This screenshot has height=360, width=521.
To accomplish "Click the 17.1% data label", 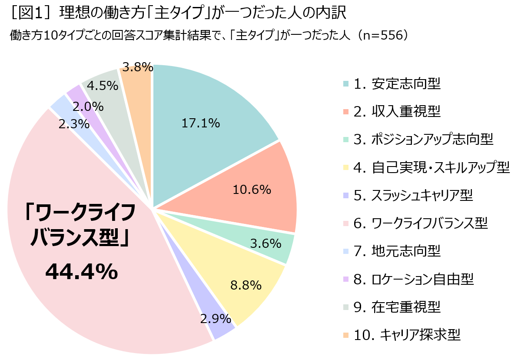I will (x=200, y=123).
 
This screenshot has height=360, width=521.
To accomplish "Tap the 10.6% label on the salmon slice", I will (x=252, y=190).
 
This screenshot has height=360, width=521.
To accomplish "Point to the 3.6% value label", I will (x=265, y=243).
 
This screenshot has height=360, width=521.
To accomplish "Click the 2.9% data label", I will (x=216, y=319).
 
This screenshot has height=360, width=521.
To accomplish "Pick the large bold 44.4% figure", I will (x=81, y=272).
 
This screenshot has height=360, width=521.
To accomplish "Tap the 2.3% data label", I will (x=74, y=124).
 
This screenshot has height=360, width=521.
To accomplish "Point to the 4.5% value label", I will (x=103, y=85).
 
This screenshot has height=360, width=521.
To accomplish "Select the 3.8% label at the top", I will (x=137, y=67).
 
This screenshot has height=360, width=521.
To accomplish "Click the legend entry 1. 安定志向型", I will (x=397, y=84).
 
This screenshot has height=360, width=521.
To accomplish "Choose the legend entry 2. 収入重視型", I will (x=397, y=112).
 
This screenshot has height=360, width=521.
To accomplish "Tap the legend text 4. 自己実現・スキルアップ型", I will (x=431, y=167).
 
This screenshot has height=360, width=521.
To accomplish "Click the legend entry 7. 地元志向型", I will (x=397, y=251).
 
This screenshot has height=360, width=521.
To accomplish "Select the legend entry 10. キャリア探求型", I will (x=407, y=335).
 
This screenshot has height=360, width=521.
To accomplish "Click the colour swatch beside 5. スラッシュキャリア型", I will (x=345, y=196).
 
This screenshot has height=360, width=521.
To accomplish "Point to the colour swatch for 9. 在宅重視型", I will (x=345, y=307).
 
